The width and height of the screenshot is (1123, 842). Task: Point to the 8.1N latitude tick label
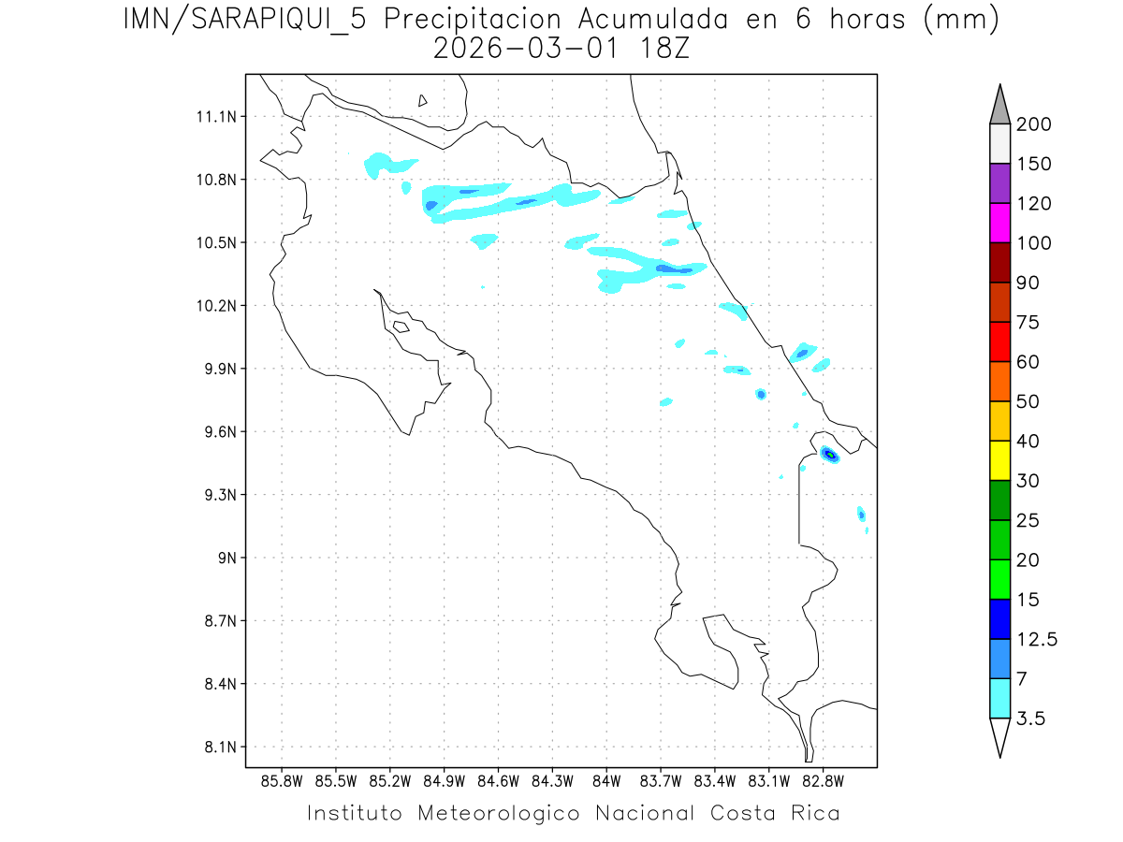217,747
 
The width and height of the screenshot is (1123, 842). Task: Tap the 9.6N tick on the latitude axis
217,431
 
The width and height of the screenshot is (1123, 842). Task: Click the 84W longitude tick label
606,779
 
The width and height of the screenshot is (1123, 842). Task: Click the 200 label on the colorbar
1033,124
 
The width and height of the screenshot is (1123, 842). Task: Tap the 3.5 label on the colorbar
1032,719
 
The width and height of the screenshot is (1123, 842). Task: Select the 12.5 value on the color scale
1036,640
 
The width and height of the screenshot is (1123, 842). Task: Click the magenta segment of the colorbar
999,223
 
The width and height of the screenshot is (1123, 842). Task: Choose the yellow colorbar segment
999,460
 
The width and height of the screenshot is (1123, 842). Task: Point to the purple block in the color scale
999,183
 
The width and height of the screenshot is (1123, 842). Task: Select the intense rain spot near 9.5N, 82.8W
829,455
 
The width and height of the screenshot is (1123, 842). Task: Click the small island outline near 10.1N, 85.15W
401,327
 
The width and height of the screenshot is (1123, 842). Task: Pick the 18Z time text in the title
662,48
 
